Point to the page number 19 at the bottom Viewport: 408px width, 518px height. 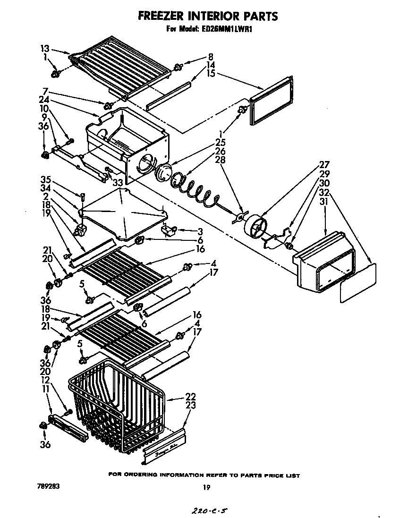[206, 487]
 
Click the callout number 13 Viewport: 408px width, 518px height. [45, 48]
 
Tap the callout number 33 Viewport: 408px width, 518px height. [117, 182]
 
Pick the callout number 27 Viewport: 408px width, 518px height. [324, 164]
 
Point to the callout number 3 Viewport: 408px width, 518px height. [200, 231]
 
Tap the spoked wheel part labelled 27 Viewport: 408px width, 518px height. [255, 228]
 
